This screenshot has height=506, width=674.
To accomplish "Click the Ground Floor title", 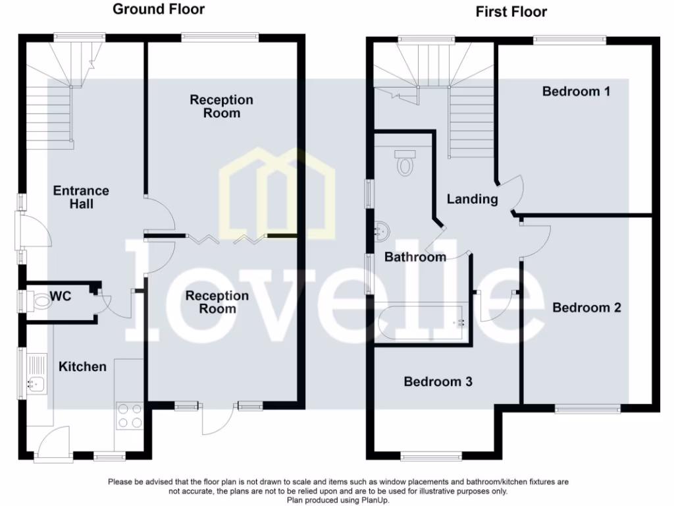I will (x=159, y=9).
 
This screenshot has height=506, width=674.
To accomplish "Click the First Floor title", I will (x=511, y=12).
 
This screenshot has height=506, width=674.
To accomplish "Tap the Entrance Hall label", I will (x=81, y=197).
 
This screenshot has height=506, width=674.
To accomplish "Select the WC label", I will (x=60, y=296).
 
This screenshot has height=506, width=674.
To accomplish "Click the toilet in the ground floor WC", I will (x=40, y=302).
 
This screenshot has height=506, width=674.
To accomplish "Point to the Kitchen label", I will (x=82, y=366).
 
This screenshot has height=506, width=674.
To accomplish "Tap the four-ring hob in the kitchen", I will (x=129, y=415).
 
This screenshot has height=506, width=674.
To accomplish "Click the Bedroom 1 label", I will (x=576, y=91).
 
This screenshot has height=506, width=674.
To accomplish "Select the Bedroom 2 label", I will (x=586, y=308).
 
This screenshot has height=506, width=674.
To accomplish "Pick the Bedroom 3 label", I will (x=438, y=381).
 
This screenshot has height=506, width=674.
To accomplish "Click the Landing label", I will (x=472, y=199).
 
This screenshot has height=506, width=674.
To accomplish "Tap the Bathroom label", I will (x=415, y=257).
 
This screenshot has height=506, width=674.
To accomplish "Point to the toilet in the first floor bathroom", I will (x=405, y=163).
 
